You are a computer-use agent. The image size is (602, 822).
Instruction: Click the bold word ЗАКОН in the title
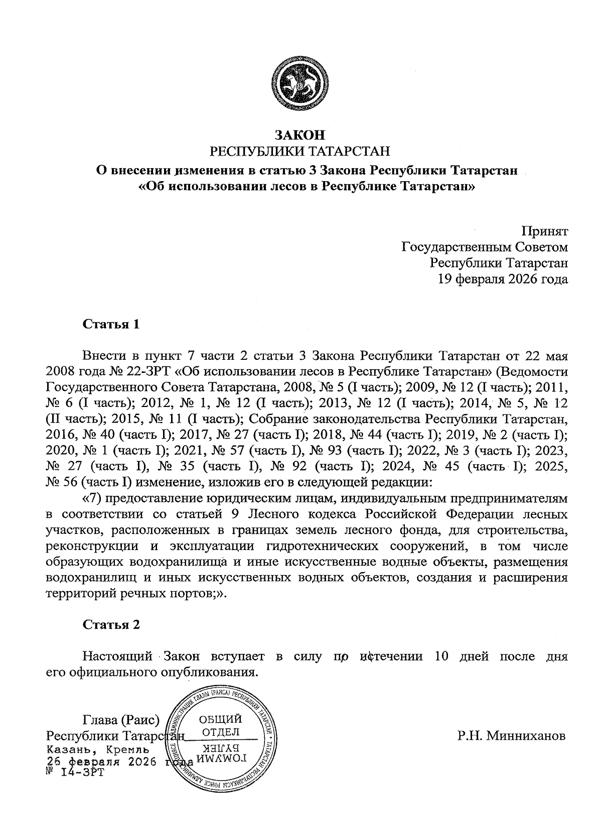pyautogui.click(x=299, y=135)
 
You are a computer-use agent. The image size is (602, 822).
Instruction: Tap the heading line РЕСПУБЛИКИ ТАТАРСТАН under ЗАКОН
pyautogui.click(x=299, y=151)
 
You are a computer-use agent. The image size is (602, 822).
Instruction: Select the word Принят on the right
pyautogui.click(x=544, y=231)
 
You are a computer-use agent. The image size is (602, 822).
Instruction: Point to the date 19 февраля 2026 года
pyautogui.click(x=504, y=279)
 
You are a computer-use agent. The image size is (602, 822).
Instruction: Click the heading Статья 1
pyautogui.click(x=110, y=324)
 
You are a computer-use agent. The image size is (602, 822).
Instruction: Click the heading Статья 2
pyautogui.click(x=111, y=625)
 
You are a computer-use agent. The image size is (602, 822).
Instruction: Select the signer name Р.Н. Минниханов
pyautogui.click(x=511, y=736)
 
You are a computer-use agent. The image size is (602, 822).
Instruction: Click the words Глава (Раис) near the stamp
pyautogui.click(x=120, y=721)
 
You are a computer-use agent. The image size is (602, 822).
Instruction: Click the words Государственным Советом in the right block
pyautogui.click(x=485, y=247)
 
